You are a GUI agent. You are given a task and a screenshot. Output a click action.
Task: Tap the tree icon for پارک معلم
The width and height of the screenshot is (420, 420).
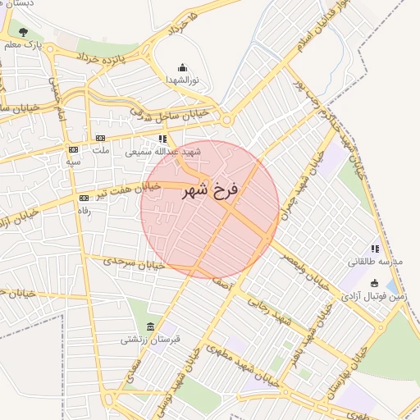tap(23, 33)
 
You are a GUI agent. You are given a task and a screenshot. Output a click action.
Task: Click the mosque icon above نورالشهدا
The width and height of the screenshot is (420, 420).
tap(181, 68)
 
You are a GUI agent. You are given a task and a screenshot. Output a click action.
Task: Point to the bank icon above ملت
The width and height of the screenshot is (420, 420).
tap(101, 138)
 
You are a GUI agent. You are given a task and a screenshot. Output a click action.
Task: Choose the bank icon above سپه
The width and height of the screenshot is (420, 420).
tap(73, 149)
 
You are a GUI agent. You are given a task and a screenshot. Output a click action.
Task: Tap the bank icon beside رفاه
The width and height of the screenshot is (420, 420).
tap(84, 198)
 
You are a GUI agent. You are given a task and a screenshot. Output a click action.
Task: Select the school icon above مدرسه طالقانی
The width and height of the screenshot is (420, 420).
tap(375, 249)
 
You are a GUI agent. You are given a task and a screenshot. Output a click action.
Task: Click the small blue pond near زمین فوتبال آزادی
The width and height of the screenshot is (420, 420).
tap(390, 286)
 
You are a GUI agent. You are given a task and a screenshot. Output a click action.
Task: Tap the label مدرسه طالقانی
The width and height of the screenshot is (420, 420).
tap(377, 262)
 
